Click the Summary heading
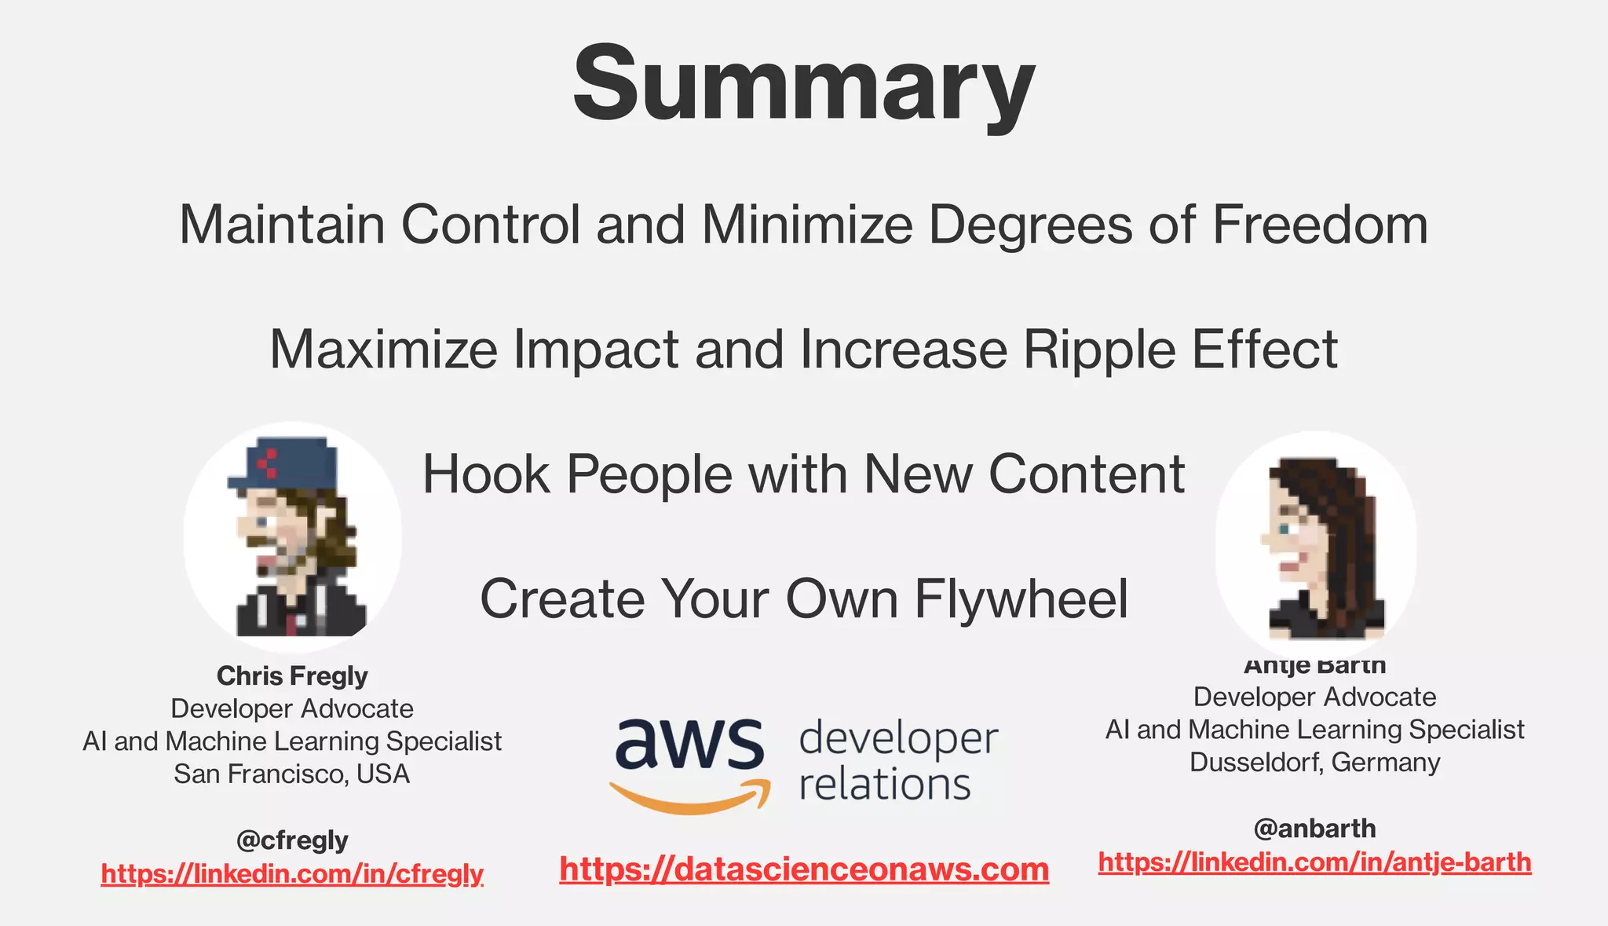[803, 85]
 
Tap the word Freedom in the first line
[1320, 225]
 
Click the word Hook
[486, 474]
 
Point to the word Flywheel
[1021, 599]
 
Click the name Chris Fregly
[292, 675]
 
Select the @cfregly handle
[292, 840]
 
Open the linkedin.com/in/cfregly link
[292, 873]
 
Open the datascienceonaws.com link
[804, 869]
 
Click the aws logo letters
[689, 744]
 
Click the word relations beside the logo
[885, 785]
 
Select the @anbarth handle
[1314, 829]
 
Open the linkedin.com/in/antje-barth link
[1314, 862]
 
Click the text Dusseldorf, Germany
[1314, 763]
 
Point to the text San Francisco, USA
[292, 774]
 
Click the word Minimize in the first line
[807, 225]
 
